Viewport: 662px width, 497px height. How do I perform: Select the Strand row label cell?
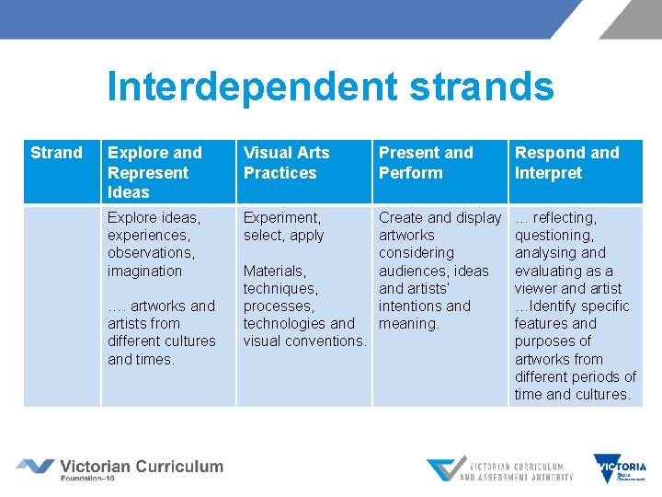[x=57, y=153]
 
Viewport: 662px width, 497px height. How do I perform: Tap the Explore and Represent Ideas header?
[x=154, y=172]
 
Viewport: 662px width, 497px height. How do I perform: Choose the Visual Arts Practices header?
[x=286, y=163]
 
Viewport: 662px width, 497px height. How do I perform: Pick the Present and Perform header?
[x=426, y=163]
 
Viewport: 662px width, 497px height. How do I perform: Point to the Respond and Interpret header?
[x=566, y=163]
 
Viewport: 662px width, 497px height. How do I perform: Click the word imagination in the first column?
[x=144, y=271]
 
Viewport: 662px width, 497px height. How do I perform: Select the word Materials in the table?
[x=274, y=271]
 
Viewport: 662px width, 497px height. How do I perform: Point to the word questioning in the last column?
[x=554, y=236]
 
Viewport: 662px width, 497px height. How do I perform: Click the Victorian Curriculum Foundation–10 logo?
[x=120, y=469]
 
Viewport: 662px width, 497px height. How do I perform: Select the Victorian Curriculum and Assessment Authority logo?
[x=499, y=469]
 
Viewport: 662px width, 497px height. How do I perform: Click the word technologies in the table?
[x=284, y=323]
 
